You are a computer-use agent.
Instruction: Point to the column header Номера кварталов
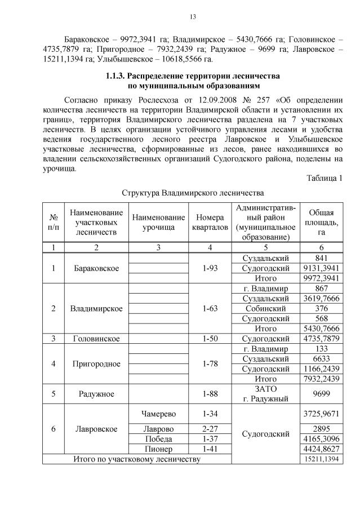click(x=210, y=222)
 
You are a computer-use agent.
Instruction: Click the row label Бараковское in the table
click(x=96, y=268)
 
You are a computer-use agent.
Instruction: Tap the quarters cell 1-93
click(x=210, y=268)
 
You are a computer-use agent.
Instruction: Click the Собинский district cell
click(x=266, y=308)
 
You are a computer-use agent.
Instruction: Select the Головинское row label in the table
click(x=96, y=339)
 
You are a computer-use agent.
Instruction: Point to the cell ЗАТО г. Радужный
click(x=266, y=394)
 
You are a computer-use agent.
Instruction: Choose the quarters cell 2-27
click(x=210, y=429)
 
